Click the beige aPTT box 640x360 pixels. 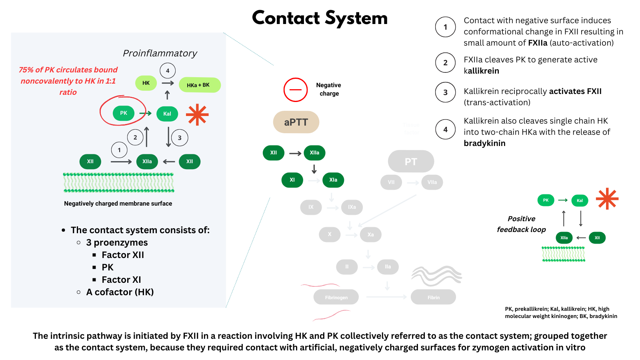[x=296, y=122]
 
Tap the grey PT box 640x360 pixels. [x=411, y=161]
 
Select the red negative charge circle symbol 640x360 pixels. [x=296, y=90]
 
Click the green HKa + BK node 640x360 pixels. [x=199, y=85]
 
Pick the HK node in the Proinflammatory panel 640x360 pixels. [x=146, y=83]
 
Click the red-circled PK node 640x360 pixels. [x=124, y=113]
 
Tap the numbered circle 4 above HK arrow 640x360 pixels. [x=168, y=71]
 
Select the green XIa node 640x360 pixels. [x=333, y=180]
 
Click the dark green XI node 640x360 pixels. [x=292, y=180]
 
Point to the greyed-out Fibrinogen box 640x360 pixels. [x=336, y=297]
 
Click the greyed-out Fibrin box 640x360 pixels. [x=433, y=297]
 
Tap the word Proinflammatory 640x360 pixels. [x=160, y=53]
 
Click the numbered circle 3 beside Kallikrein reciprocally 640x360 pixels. [x=445, y=92]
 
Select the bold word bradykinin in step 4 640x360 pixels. [x=484, y=143]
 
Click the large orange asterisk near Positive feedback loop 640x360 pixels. [x=607, y=198]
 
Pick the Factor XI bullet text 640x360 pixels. [x=121, y=280]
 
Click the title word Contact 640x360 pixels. [x=286, y=18]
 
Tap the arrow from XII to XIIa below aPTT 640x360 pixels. [x=295, y=153]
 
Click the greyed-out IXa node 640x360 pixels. [x=352, y=207]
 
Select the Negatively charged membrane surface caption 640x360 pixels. [x=118, y=204]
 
